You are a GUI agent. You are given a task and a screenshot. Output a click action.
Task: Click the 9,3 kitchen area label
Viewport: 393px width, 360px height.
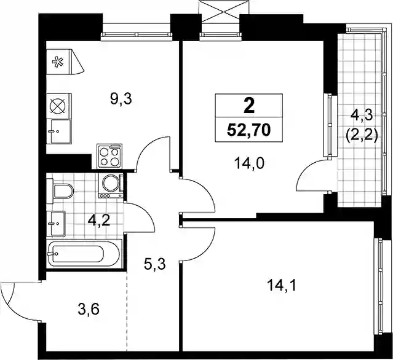pyautogui.click(x=121, y=100)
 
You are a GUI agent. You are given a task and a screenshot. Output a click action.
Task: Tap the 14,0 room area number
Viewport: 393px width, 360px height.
pyautogui.click(x=249, y=164)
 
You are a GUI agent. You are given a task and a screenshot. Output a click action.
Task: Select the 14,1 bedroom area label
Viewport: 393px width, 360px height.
pyautogui.click(x=282, y=285)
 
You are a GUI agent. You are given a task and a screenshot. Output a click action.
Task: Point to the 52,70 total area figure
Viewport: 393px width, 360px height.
pyautogui.click(x=248, y=130)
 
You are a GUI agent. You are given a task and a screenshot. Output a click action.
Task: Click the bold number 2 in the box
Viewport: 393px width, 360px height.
pyautogui.click(x=249, y=106)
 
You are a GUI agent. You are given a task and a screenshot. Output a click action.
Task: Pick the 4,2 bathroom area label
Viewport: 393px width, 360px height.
pyautogui.click(x=99, y=221)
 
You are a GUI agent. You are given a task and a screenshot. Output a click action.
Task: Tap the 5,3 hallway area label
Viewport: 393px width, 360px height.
pyautogui.click(x=155, y=264)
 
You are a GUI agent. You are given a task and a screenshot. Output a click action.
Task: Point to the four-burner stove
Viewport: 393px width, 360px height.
pyautogui.click(x=110, y=156)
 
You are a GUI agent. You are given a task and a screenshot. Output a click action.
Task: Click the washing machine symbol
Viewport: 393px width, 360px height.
pyautogui.click(x=111, y=186)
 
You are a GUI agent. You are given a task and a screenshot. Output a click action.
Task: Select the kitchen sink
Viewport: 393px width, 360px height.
pyautogui.click(x=59, y=131)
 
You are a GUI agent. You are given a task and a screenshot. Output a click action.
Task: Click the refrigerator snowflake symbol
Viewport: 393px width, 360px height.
pyautogui.click(x=57, y=61)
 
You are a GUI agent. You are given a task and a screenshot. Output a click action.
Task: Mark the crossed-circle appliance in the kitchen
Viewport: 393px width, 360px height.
pyautogui.click(x=59, y=106)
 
